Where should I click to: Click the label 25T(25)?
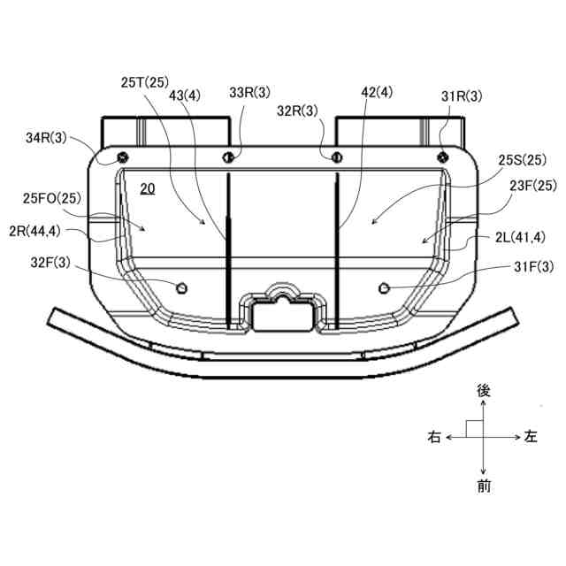click(x=145, y=82)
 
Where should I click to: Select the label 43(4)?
click(x=185, y=96)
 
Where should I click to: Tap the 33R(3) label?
click(x=249, y=92)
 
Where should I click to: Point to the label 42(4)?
click(x=377, y=92)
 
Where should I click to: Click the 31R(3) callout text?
click(x=462, y=96)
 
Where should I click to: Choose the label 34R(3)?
click(x=46, y=138)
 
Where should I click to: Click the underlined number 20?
click(x=148, y=188)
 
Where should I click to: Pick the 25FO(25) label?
click(x=52, y=198)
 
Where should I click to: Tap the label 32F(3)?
click(x=50, y=263)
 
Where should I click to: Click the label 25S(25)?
click(x=523, y=160)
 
